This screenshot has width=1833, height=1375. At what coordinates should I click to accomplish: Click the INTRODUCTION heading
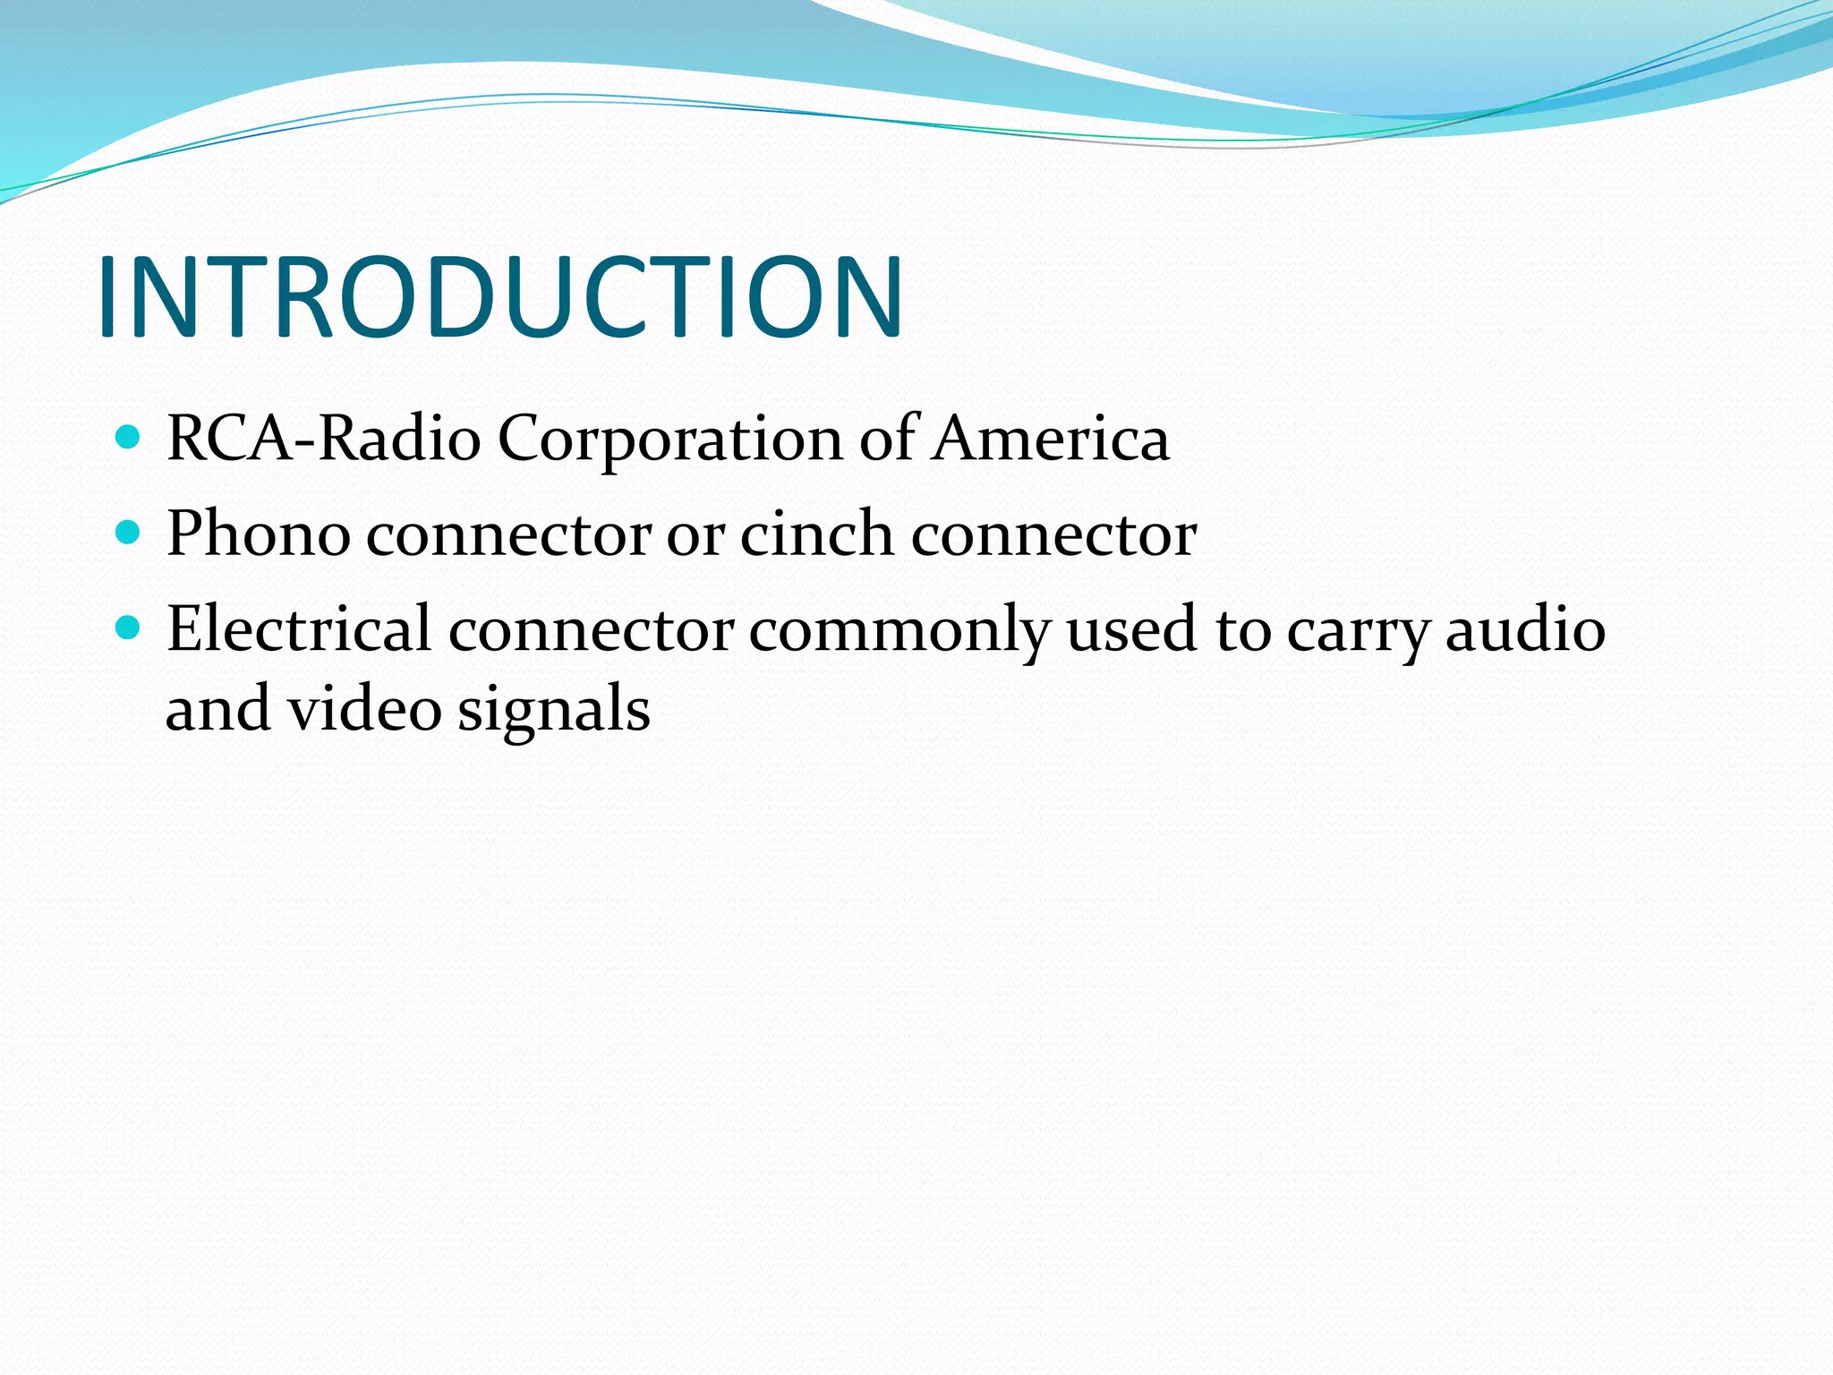tap(501, 297)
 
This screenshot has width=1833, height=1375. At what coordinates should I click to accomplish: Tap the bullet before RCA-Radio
tap(129, 438)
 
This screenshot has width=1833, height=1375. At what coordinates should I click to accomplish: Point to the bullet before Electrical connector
tap(129, 628)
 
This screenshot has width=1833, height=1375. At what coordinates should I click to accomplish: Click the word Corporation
tap(670, 440)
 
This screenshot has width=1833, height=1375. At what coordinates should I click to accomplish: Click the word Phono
tap(259, 534)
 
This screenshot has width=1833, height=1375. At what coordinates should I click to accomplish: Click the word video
tap(364, 709)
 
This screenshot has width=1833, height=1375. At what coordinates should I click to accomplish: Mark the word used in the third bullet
tap(1132, 629)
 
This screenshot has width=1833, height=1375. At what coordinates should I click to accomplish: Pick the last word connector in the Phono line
tap(1053, 535)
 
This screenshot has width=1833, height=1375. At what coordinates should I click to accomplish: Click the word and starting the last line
tap(218, 709)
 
